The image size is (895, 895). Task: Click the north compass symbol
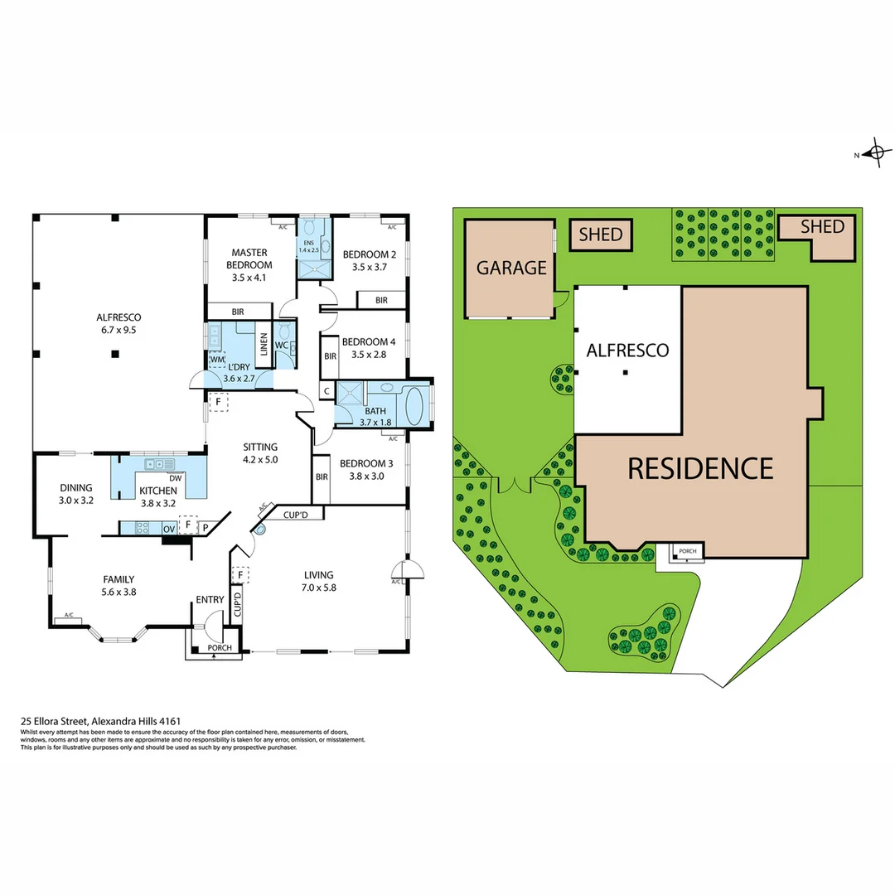(x=874, y=153)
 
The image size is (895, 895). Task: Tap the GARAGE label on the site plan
(x=511, y=268)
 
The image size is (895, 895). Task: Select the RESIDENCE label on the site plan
(x=700, y=468)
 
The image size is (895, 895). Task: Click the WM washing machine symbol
(x=216, y=360)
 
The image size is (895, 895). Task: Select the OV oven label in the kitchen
(x=168, y=528)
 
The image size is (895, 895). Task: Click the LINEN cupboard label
(x=264, y=343)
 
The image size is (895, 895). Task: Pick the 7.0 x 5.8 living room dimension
(x=318, y=588)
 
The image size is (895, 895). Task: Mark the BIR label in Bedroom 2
(x=382, y=300)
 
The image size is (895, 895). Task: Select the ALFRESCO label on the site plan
(x=627, y=350)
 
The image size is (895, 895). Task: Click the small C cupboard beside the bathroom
(x=327, y=391)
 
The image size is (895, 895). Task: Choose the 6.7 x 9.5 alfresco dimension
(x=119, y=330)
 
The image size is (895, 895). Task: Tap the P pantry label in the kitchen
(x=205, y=526)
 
